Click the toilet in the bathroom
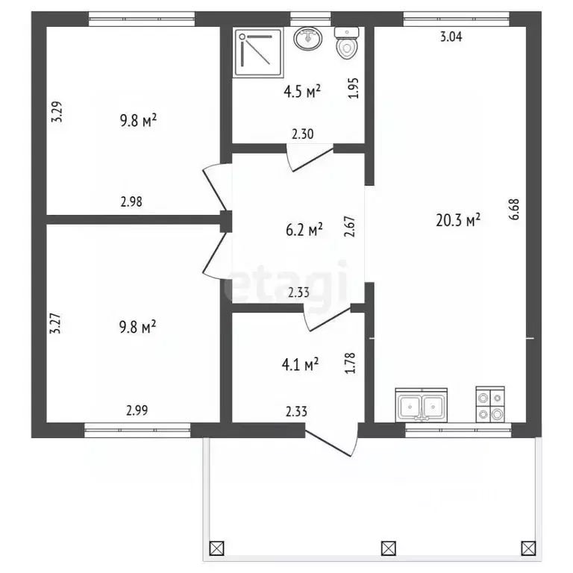(x=347, y=43)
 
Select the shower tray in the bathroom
(x=259, y=54)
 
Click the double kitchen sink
(x=422, y=405)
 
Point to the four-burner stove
(x=490, y=404)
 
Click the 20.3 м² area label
(x=458, y=220)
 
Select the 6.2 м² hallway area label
(x=304, y=230)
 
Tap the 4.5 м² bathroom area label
(x=302, y=91)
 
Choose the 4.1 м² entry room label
(x=300, y=364)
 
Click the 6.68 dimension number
(x=514, y=209)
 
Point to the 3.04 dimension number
(x=451, y=37)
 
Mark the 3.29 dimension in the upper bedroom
(x=57, y=111)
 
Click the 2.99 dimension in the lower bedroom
(x=137, y=410)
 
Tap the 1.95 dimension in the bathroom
(x=354, y=88)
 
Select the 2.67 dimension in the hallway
(x=350, y=227)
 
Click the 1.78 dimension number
(x=350, y=363)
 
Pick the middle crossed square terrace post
(x=389, y=548)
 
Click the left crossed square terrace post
(x=216, y=548)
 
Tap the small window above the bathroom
(x=310, y=19)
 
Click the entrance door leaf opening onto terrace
(x=328, y=444)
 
